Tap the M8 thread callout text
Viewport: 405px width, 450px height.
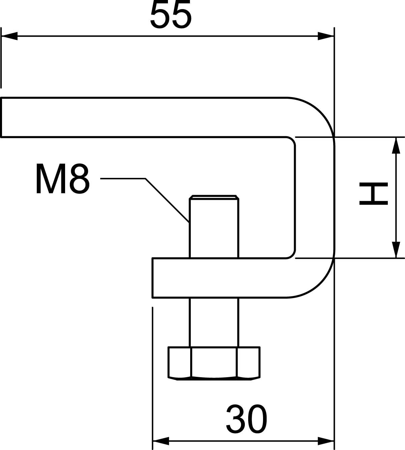[x=63, y=179]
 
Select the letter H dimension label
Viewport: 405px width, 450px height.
[x=374, y=193]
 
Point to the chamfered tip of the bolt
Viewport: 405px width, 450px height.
[x=214, y=197]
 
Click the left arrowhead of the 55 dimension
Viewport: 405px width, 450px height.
[x=9, y=36]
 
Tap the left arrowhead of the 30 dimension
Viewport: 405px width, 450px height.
[x=161, y=441]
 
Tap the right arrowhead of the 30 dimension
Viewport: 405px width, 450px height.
[x=326, y=441]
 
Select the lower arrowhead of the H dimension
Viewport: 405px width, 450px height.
[x=396, y=250]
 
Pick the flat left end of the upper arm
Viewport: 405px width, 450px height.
[x=1, y=117]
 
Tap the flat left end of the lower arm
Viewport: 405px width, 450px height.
[x=153, y=278]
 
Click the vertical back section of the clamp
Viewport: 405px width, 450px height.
[x=315, y=198]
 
